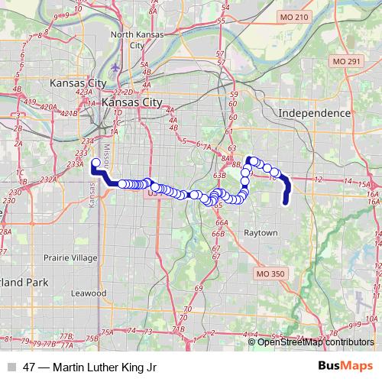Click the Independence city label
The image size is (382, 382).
314,112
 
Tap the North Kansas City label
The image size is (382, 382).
138,40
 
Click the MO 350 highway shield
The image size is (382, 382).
270,273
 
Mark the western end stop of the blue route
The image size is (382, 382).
95,162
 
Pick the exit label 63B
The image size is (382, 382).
219,175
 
